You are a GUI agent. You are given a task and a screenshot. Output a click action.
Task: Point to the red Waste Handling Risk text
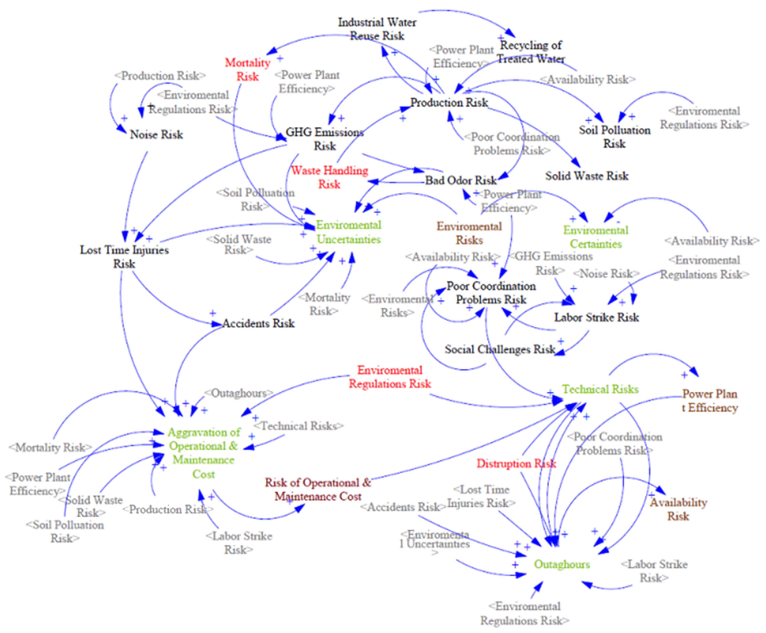[x=329, y=177]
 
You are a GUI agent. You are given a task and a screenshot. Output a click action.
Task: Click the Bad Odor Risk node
[x=460, y=180]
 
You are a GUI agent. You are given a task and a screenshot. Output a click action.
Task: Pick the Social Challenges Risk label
[x=499, y=349]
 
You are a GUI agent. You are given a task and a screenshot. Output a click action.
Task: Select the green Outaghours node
[x=562, y=564]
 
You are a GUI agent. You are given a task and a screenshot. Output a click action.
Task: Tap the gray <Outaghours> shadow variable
[x=239, y=393]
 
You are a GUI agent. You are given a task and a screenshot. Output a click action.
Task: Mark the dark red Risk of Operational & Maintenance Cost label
[x=318, y=489]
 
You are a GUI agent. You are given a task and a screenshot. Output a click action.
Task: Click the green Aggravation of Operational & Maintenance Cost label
[x=204, y=453]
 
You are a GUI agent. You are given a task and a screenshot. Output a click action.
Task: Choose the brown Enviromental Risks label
[x=469, y=233]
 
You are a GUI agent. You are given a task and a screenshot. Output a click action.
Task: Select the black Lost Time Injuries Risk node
[x=124, y=257]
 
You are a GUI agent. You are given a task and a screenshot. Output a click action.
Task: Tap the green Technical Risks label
[x=600, y=389]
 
